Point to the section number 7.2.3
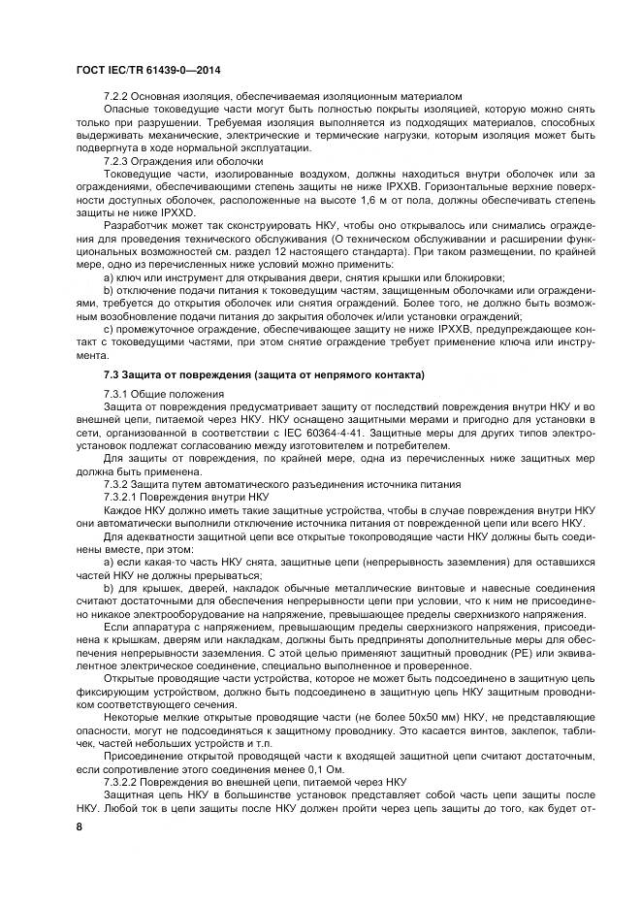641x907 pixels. (117, 161)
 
